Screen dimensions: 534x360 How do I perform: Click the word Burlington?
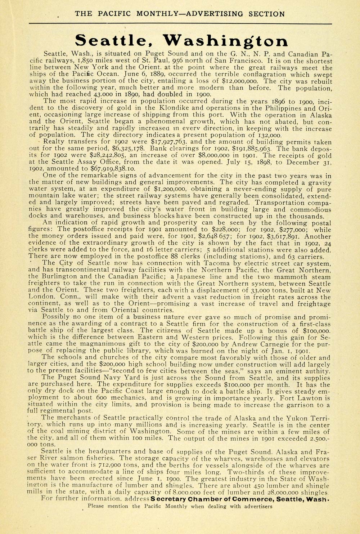pyautogui.click(x=58, y=277)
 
